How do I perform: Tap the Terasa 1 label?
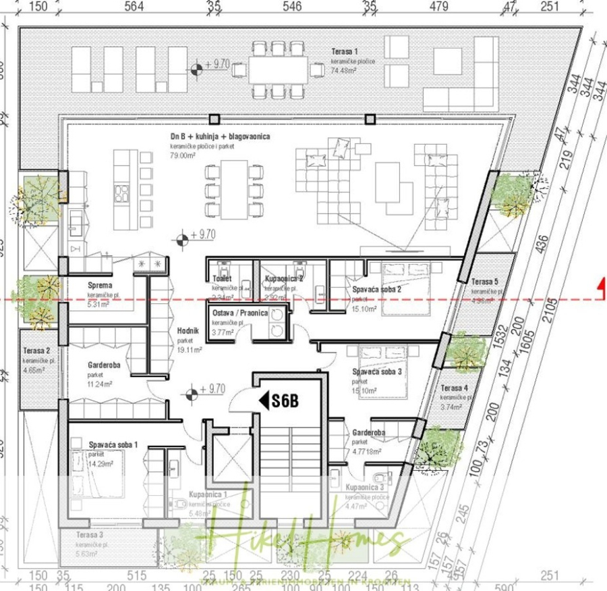coord(345,51)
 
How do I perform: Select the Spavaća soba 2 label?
coord(377,289)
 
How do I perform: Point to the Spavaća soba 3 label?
coord(377,371)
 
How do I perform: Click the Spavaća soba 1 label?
coord(113,444)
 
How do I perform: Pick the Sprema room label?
coord(99,286)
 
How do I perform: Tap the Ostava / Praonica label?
coord(240,314)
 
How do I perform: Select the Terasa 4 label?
coord(454,388)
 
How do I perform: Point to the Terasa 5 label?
coord(485,281)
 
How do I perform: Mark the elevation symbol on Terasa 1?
coord(196,68)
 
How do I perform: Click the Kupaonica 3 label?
coord(364,487)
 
